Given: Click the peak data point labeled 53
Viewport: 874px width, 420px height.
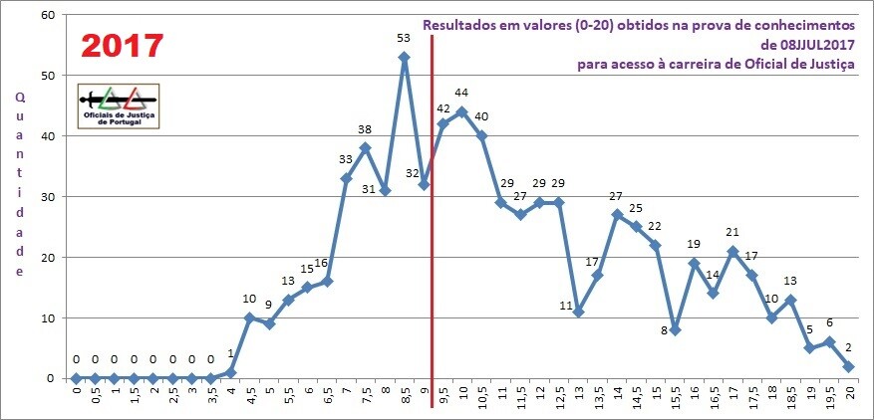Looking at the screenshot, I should pos(404,57).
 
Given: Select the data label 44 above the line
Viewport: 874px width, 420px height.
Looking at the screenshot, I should pos(461,93).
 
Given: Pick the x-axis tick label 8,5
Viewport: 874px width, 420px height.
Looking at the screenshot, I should pos(405,398).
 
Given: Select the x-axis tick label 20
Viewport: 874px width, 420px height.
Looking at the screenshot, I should pos(848,395).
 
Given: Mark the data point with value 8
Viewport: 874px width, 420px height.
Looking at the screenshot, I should pos(675,329).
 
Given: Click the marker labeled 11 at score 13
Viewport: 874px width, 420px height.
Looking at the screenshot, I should pos(578,312).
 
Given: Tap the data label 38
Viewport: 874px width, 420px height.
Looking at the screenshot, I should pos(365,129).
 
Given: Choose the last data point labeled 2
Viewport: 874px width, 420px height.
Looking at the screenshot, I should pos(848,366).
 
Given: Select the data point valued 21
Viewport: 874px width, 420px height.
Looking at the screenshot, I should pos(732,251).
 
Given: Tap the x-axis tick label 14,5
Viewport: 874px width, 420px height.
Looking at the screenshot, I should pos(637,399).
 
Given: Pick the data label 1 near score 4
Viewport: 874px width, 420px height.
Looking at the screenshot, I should pos(231,353).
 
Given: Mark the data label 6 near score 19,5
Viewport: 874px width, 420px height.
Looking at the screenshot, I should pos(828,322).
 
